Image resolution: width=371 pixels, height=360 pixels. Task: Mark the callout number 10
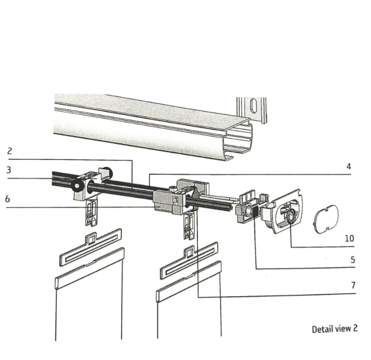pyautogui.click(x=349, y=238)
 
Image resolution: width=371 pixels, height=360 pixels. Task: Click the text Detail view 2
pyautogui.click(x=334, y=328)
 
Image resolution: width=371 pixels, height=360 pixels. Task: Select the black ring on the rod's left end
pyautogui.click(x=77, y=185)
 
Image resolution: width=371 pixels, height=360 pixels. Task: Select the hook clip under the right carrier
pyautogui.click(x=189, y=226)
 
